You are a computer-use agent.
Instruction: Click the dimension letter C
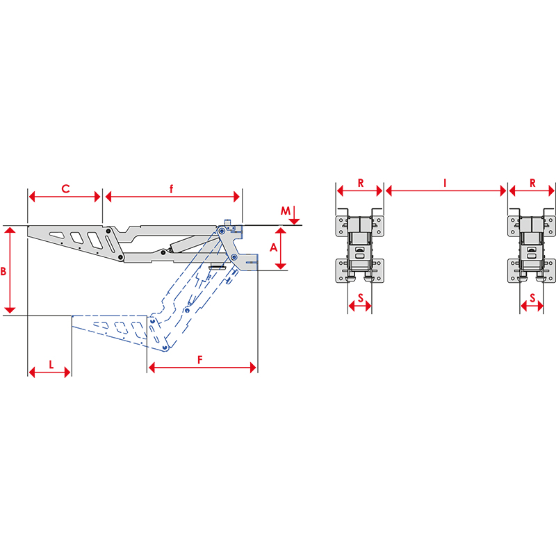click(x=65, y=188)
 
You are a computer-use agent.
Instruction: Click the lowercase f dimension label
click(x=172, y=188)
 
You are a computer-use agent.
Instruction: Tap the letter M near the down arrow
click(x=286, y=211)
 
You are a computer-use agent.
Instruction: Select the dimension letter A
click(x=273, y=247)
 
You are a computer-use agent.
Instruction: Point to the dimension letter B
click(x=3, y=272)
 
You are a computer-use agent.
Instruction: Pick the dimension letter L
click(x=51, y=364)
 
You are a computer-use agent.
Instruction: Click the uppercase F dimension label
click(x=200, y=360)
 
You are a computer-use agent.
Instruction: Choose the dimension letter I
click(x=445, y=183)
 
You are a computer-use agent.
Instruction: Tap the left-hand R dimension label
click(x=361, y=183)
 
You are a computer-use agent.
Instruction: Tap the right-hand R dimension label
click(x=532, y=183)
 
